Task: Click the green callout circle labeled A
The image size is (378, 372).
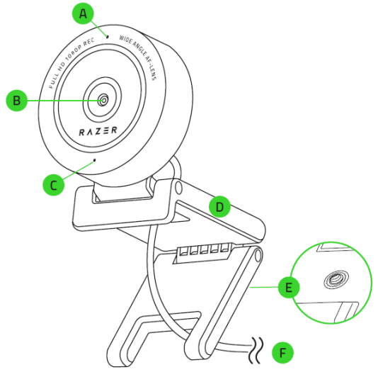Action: [x=83, y=13]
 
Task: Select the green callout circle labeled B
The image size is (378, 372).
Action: [x=16, y=101]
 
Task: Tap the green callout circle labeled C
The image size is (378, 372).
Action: [x=54, y=185]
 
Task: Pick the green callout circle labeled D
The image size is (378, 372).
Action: [x=219, y=207]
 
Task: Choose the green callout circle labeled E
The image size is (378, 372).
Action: [x=289, y=287]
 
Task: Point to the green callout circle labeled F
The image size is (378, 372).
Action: [x=282, y=353]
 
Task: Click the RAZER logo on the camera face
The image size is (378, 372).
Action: [x=98, y=131]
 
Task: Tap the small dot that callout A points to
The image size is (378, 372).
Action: [x=108, y=37]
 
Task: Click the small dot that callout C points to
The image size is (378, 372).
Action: [x=95, y=160]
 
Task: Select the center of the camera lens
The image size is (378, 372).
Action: [x=103, y=100]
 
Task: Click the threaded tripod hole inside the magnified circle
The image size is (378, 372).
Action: [x=336, y=279]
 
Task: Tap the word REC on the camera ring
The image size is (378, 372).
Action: [x=88, y=42]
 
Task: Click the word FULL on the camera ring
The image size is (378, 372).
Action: [x=54, y=80]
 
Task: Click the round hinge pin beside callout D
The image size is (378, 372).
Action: [x=178, y=188]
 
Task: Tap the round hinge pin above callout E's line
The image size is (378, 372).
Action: [x=258, y=255]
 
